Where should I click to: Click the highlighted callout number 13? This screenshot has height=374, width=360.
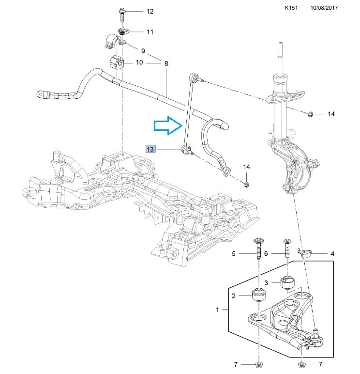[150, 149]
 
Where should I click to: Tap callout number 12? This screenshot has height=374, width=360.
[150, 11]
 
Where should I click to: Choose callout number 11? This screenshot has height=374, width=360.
[150, 32]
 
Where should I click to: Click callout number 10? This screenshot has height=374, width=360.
[139, 62]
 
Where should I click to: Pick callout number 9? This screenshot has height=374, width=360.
[143, 51]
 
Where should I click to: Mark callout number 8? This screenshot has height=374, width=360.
[166, 63]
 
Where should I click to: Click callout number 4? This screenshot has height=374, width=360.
[332, 253]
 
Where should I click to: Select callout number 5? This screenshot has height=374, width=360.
[233, 253]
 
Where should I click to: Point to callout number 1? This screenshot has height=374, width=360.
[217, 310]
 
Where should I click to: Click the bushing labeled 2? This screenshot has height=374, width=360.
[259, 294]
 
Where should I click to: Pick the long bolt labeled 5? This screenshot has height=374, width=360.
[258, 250]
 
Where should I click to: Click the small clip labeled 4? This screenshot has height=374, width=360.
[305, 252]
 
